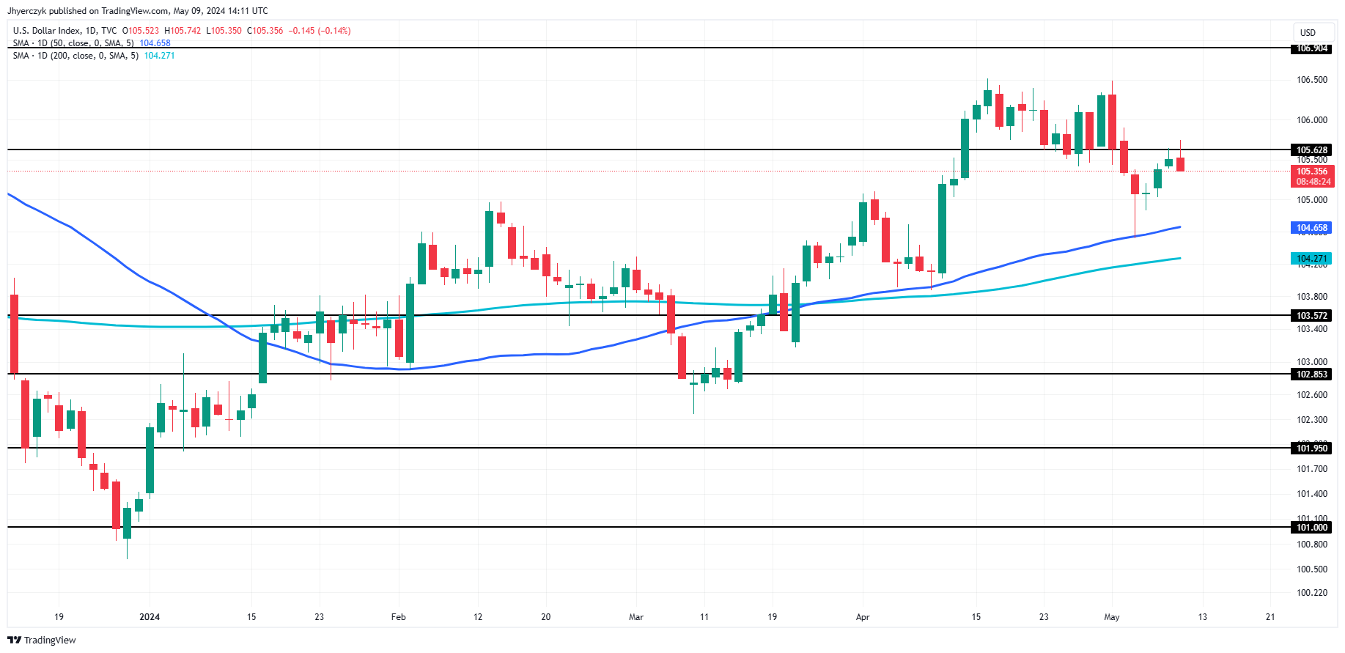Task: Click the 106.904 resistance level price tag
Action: [x=1311, y=48]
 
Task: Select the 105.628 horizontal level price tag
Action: [x=1311, y=150]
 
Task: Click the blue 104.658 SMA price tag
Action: [x=1311, y=228]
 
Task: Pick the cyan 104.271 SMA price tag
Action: [x=1311, y=259]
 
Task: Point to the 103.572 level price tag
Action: [x=1311, y=316]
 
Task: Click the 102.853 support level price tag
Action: [x=1311, y=375]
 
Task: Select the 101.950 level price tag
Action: [x=1311, y=449]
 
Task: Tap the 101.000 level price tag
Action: [x=1311, y=528]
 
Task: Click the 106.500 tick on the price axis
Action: [x=1311, y=80]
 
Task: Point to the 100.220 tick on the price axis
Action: [x=1311, y=593]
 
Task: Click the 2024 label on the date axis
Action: [x=150, y=617]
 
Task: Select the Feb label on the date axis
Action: [x=398, y=617]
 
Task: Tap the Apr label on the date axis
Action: [x=863, y=617]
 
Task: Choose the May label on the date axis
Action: [x=1112, y=617]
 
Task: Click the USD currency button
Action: [x=1308, y=32]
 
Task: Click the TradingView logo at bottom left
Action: [x=42, y=640]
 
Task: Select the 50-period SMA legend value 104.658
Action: [x=155, y=43]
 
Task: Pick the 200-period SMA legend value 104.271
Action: [x=159, y=56]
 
